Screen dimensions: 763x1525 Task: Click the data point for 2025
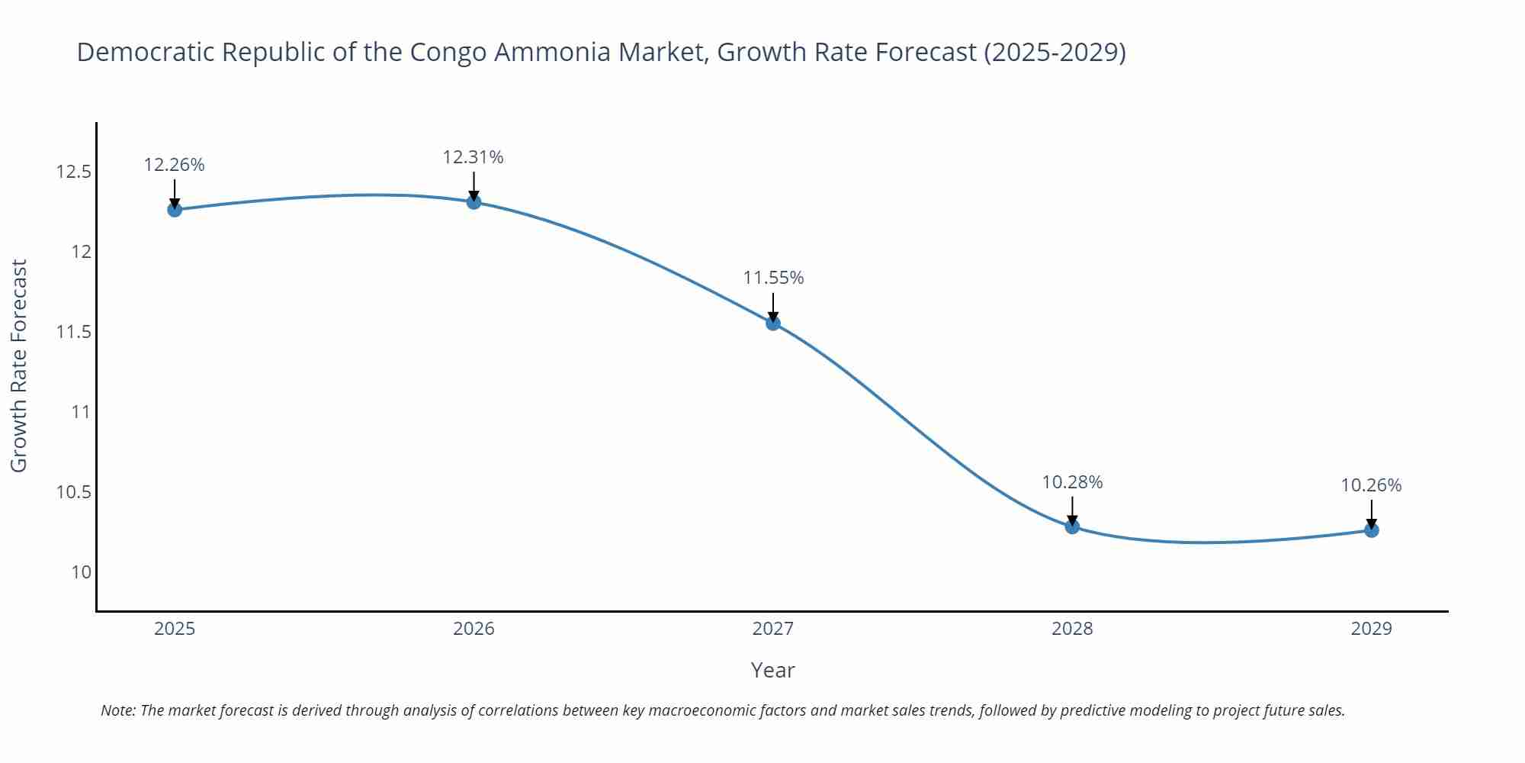[x=175, y=209]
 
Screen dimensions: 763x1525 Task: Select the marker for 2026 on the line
[x=474, y=201]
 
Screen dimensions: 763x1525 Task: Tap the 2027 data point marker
[x=773, y=323]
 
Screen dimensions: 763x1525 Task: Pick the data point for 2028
[x=1072, y=526]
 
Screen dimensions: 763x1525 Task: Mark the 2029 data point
[x=1371, y=530]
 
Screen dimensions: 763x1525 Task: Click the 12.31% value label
[x=473, y=157]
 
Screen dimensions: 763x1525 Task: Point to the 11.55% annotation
[x=773, y=278]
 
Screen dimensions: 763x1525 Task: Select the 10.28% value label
[x=1072, y=482]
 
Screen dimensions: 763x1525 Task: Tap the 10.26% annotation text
[x=1371, y=485]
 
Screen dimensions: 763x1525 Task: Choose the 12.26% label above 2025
[x=174, y=165]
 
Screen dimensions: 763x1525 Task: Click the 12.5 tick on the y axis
[x=73, y=172]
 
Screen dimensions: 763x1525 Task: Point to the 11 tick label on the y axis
[x=80, y=412]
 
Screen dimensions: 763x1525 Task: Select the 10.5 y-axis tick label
[x=73, y=492]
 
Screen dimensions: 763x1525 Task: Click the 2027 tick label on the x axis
[x=773, y=629]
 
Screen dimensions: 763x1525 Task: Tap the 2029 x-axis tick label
[x=1371, y=629]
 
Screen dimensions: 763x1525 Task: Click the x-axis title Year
[x=772, y=670]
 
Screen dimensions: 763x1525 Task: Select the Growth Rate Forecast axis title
[x=19, y=365]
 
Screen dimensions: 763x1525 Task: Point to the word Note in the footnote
[x=117, y=710]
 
